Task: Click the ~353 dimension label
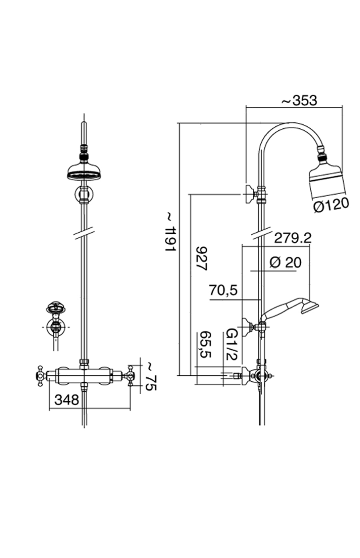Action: click(299, 100)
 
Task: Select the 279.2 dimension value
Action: click(292, 238)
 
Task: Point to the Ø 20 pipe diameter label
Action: click(285, 263)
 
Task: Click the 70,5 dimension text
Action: click(223, 290)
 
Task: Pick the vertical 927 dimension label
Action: click(202, 259)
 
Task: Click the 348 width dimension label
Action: click(67, 399)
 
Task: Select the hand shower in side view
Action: click(290, 309)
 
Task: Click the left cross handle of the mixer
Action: click(40, 375)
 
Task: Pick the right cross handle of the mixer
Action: click(130, 375)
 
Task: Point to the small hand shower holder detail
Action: click(56, 320)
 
